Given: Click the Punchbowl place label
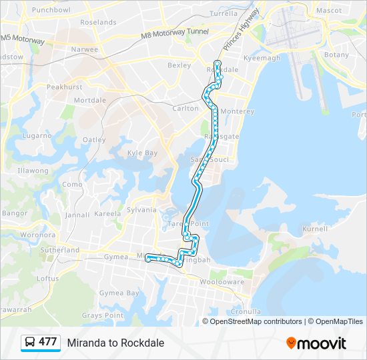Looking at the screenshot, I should tap(51, 10).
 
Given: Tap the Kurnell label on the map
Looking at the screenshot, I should tap(314, 229).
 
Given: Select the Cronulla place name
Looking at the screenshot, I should tap(246, 311).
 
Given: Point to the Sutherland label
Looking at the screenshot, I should tap(60, 250).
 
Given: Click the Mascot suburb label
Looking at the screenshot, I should tap(328, 11).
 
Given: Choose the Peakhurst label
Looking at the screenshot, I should tap(64, 87).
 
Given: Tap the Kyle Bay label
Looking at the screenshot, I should tap(142, 153).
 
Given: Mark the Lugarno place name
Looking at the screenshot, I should tap(36, 135).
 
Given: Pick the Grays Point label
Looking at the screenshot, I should tap(103, 315).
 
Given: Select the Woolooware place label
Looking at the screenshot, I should tap(221, 282).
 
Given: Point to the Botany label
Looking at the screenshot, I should tap(336, 55).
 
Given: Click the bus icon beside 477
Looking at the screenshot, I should tap(31, 343).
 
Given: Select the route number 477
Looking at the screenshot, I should tap(47, 342).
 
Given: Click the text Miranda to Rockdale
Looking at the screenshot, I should tap(115, 343).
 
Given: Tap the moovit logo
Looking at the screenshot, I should tap(316, 343).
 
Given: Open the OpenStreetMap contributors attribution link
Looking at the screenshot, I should tap(256, 321).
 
